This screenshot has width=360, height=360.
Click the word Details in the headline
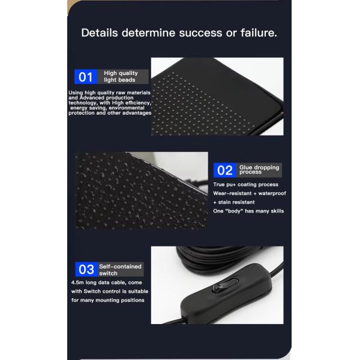click(x=100, y=32)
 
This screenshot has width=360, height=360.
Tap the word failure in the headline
click(x=259, y=32)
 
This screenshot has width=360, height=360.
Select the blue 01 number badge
click(x=85, y=77)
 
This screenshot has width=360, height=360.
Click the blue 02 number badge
click(x=225, y=170)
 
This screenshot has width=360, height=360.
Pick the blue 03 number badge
click(x=86, y=269)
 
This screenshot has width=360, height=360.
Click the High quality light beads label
click(x=121, y=76)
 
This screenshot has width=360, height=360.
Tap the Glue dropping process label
click(x=259, y=169)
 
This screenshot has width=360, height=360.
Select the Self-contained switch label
click(x=120, y=270)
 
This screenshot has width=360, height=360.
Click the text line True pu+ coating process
click(x=245, y=185)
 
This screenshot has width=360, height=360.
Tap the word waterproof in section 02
click(x=272, y=194)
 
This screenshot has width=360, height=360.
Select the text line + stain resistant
click(x=234, y=202)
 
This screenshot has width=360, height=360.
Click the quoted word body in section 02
click(x=234, y=211)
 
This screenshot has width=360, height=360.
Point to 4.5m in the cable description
click(x=77, y=283)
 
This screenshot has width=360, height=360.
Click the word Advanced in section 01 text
click(x=92, y=98)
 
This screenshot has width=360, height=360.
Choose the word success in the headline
click(x=200, y=32)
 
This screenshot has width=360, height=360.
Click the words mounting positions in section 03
click(x=120, y=301)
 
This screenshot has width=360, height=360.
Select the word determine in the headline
click(x=149, y=32)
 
